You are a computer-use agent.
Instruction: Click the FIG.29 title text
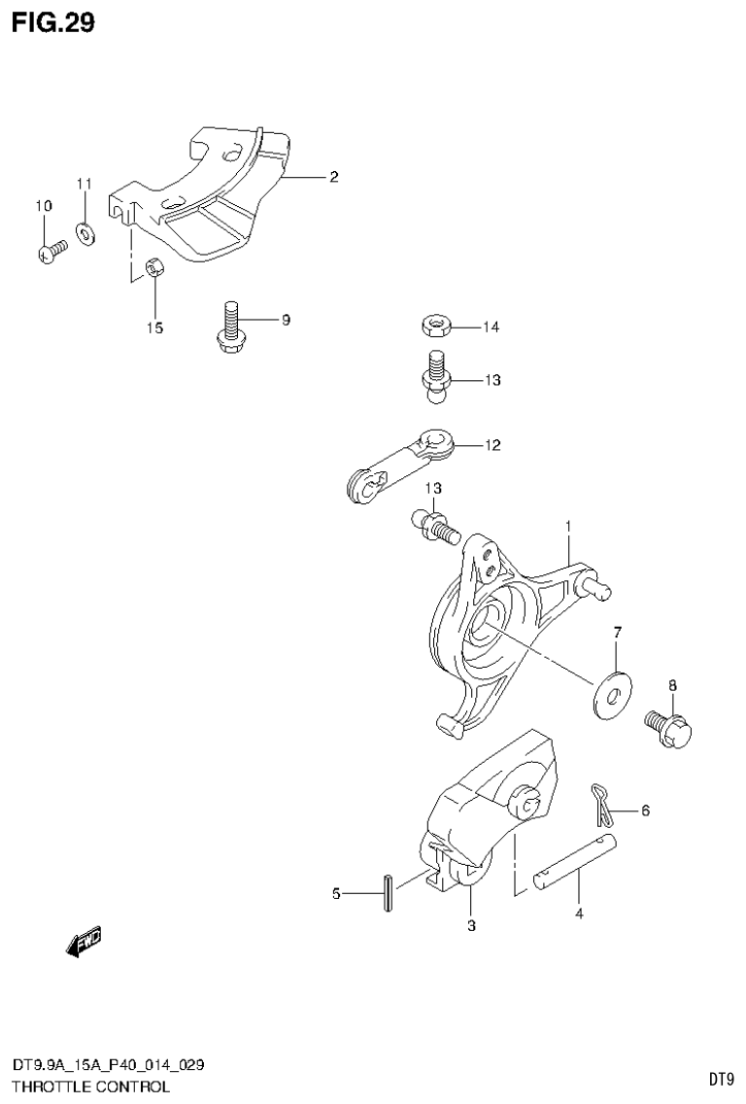pyautogui.click(x=53, y=22)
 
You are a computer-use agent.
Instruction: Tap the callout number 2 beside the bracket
pyautogui.click(x=333, y=177)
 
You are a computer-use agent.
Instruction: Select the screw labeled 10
pyautogui.click(x=51, y=252)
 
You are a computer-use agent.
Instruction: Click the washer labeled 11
pyautogui.click(x=85, y=232)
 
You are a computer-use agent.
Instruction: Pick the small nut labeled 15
pyautogui.click(x=153, y=266)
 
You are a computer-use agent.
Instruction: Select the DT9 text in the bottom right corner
pyautogui.click(x=720, y=1079)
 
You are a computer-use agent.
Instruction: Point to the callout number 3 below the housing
pyautogui.click(x=471, y=925)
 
